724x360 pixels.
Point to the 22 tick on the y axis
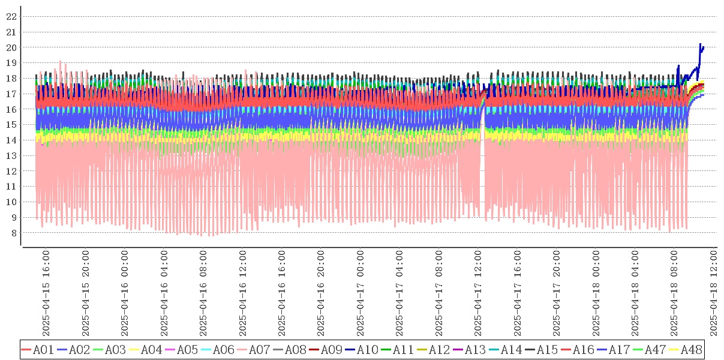coord(11,16)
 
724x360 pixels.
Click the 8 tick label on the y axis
coord(13,233)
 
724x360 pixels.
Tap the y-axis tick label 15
coord(11,125)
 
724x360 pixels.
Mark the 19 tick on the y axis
coord(11,62)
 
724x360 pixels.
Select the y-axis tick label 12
coord(11,171)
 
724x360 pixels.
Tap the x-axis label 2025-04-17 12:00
coord(478,294)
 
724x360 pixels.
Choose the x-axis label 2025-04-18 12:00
coord(714,294)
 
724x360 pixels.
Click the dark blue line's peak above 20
coord(700,44)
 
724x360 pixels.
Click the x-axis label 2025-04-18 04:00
coord(635,294)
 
